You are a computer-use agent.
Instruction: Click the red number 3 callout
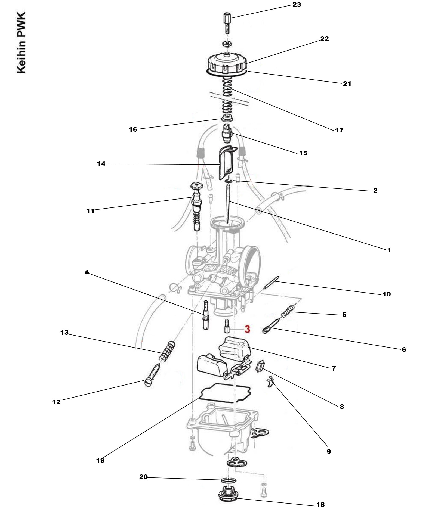point(247,329)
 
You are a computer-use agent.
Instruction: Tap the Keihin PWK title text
point(21,43)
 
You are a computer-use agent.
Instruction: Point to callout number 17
point(339,130)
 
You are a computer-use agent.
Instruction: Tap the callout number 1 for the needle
point(389,250)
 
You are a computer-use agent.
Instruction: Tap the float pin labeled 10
point(272,283)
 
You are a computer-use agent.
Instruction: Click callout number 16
point(133,129)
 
